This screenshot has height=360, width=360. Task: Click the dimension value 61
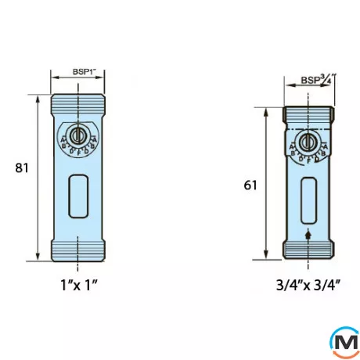(250, 185)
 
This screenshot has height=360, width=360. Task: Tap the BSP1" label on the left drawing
(77, 72)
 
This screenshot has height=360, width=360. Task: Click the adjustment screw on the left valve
(77, 135)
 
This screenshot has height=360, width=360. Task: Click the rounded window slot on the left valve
(78, 191)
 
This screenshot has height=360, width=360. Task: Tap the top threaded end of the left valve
(78, 102)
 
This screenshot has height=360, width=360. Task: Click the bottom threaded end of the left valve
(78, 252)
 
